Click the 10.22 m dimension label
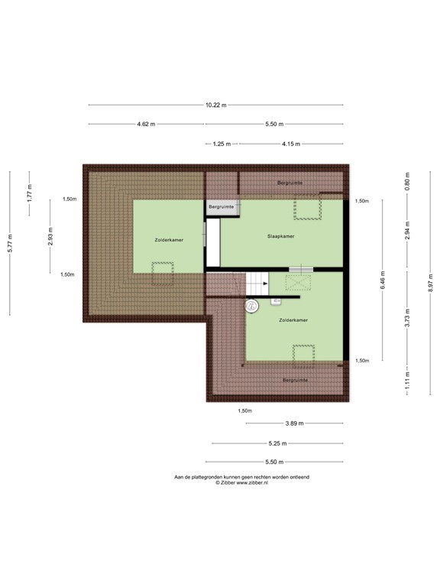coord(216,105)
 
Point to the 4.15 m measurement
coord(290,143)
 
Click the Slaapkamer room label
coord(280,236)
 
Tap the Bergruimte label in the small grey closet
coord(221,206)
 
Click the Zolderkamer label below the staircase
coord(293,320)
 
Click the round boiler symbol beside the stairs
coord(251,306)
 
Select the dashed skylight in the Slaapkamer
coord(307,207)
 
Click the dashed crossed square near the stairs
coord(299,283)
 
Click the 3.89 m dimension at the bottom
coord(294,423)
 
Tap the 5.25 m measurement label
coord(277,443)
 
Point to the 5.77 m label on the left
coord(10,242)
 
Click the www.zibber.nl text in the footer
coord(253,483)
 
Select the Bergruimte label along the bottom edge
coord(294,380)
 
